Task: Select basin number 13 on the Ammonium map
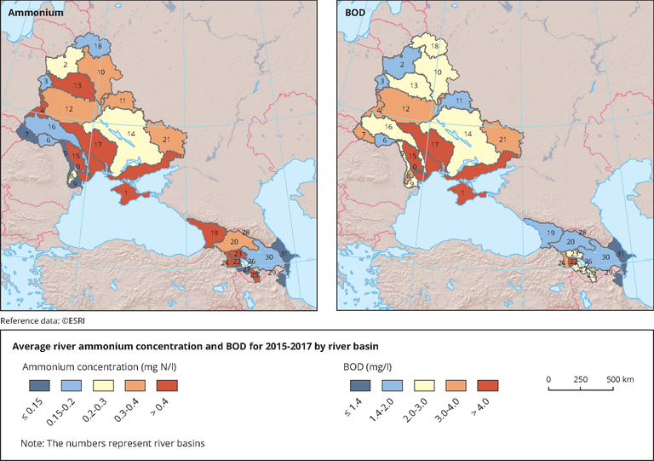tap(77, 86)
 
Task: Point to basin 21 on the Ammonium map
tap(167, 139)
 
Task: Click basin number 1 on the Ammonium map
tap(126, 193)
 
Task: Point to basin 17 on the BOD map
tap(435, 146)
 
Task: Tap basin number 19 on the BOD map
tap(550, 233)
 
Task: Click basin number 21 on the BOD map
tap(502, 139)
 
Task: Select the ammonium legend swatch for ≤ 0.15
tap(33, 385)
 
